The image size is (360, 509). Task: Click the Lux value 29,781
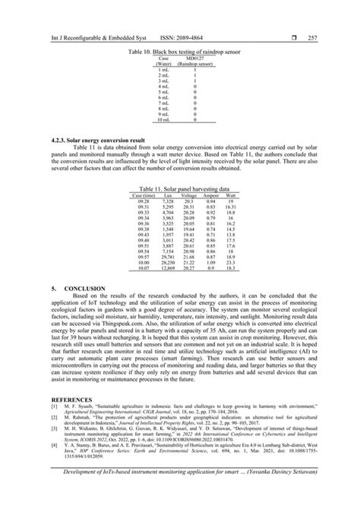point(168,257)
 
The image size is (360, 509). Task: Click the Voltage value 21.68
point(190,257)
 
